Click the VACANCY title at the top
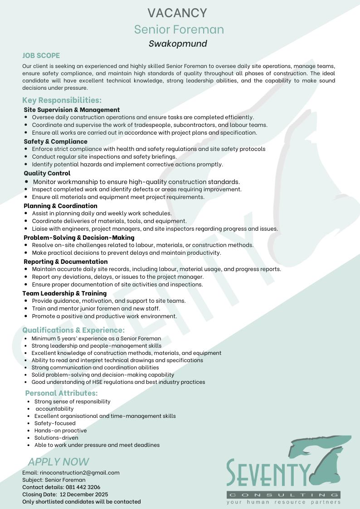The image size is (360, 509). [x=180, y=13]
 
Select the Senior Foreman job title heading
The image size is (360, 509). [x=179, y=29]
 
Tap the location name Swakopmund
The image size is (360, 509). [x=178, y=44]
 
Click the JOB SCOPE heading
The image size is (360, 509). [x=41, y=56]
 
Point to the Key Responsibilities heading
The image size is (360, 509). [x=62, y=100]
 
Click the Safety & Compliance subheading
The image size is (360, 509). [x=55, y=141]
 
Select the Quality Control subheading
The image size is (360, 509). [x=47, y=173]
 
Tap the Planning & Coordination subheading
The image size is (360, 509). [x=60, y=206]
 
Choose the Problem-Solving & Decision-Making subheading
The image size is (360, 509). [x=79, y=238]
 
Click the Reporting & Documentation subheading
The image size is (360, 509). [x=66, y=262]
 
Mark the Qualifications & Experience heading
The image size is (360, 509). [x=73, y=330]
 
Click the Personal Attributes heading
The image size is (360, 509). [x=61, y=393]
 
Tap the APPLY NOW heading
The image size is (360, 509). [x=58, y=462]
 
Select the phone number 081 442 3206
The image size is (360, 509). [x=83, y=487]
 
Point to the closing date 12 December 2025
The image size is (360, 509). [x=84, y=494]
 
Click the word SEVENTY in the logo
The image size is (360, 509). [x=269, y=473]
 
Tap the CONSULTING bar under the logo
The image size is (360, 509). [x=283, y=494]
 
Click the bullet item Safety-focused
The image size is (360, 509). [x=55, y=423]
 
